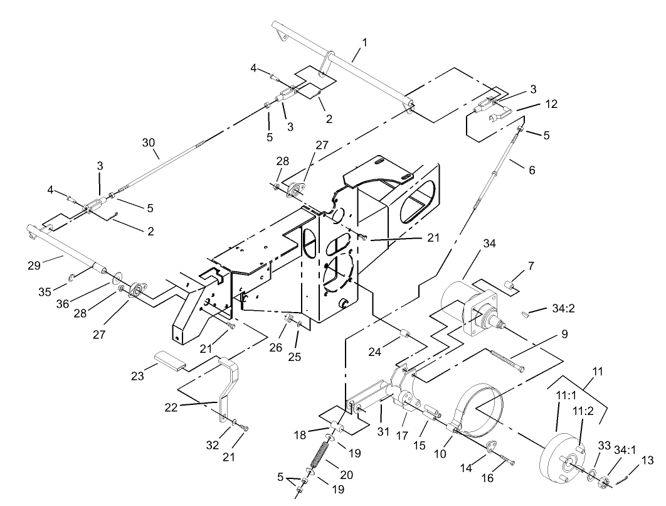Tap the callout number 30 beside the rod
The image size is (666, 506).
(148, 144)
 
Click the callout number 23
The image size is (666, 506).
(138, 375)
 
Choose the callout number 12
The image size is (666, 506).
(551, 104)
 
